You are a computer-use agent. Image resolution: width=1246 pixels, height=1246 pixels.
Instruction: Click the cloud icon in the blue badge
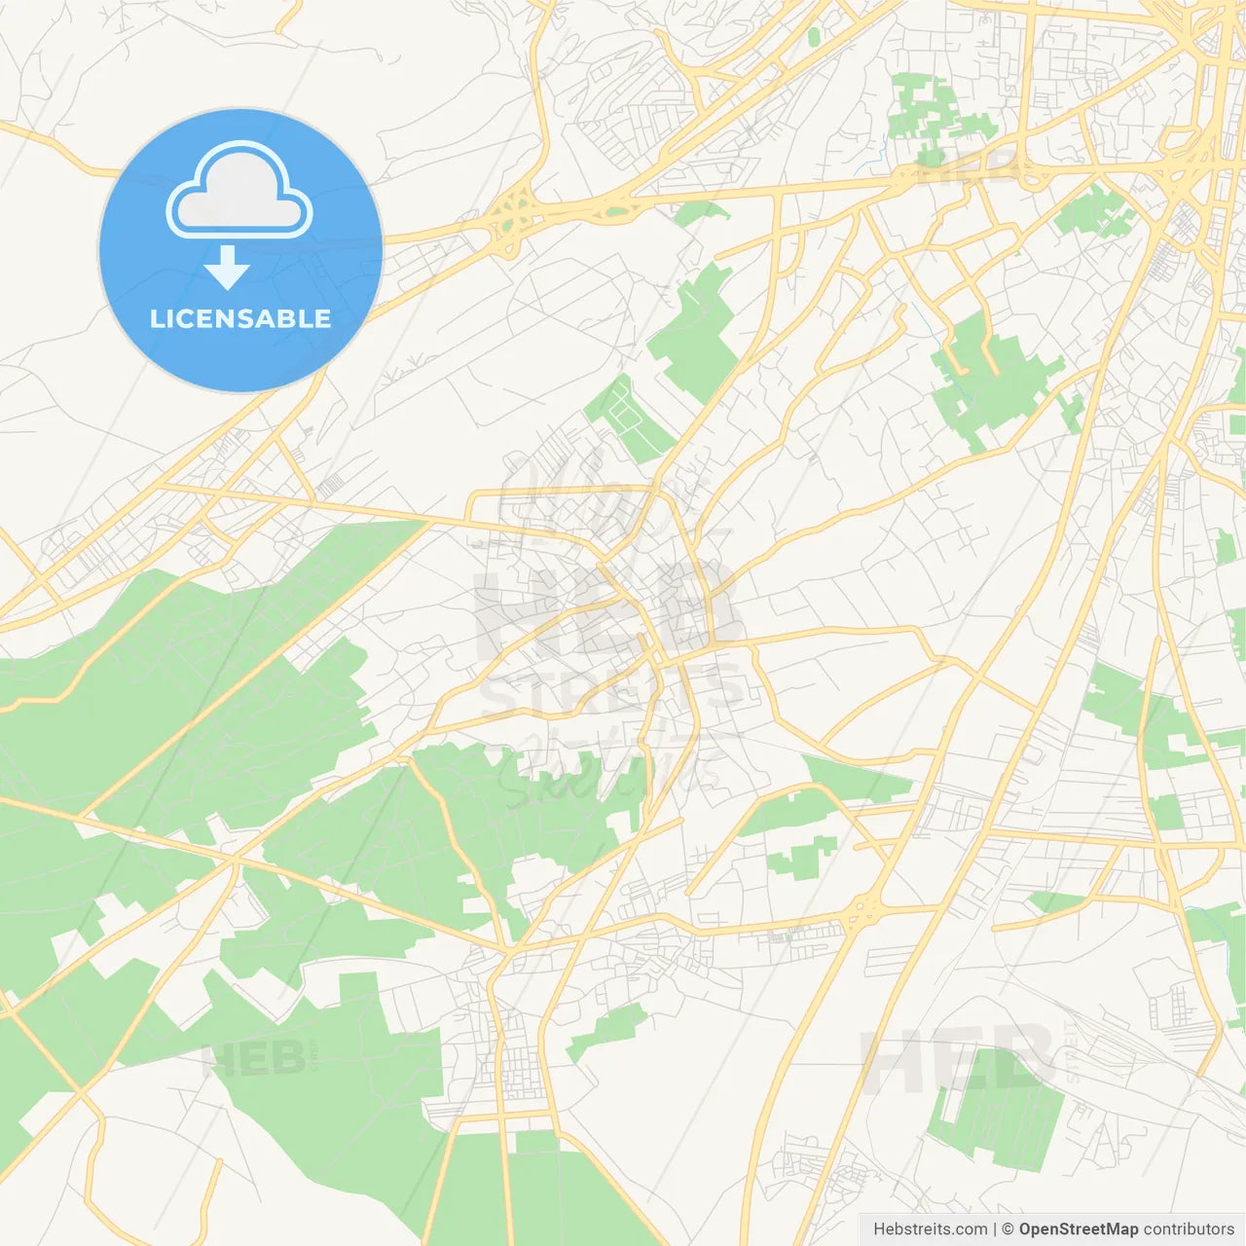(x=239, y=194)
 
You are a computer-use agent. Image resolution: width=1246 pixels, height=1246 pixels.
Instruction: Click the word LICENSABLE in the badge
(x=240, y=318)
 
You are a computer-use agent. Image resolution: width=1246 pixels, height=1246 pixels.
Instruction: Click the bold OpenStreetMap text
(x=1079, y=1229)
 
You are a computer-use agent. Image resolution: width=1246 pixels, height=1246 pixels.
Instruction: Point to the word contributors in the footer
(x=1189, y=1229)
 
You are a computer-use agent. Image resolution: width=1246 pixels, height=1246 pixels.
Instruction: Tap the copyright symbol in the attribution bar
(x=1008, y=1229)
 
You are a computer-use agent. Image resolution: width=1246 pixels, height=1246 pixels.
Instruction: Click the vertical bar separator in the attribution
(x=995, y=1229)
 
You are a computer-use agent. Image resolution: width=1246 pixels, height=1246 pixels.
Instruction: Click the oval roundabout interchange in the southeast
(x=861, y=912)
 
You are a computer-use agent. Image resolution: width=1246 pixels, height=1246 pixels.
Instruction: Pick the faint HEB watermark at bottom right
(x=959, y=1058)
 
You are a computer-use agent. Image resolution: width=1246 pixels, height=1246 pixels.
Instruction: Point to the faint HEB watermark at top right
(x=973, y=167)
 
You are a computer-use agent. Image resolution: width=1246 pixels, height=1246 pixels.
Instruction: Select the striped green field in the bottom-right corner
(x=995, y=1111)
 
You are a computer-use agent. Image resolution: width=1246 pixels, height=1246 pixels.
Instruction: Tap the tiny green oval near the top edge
(x=814, y=36)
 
